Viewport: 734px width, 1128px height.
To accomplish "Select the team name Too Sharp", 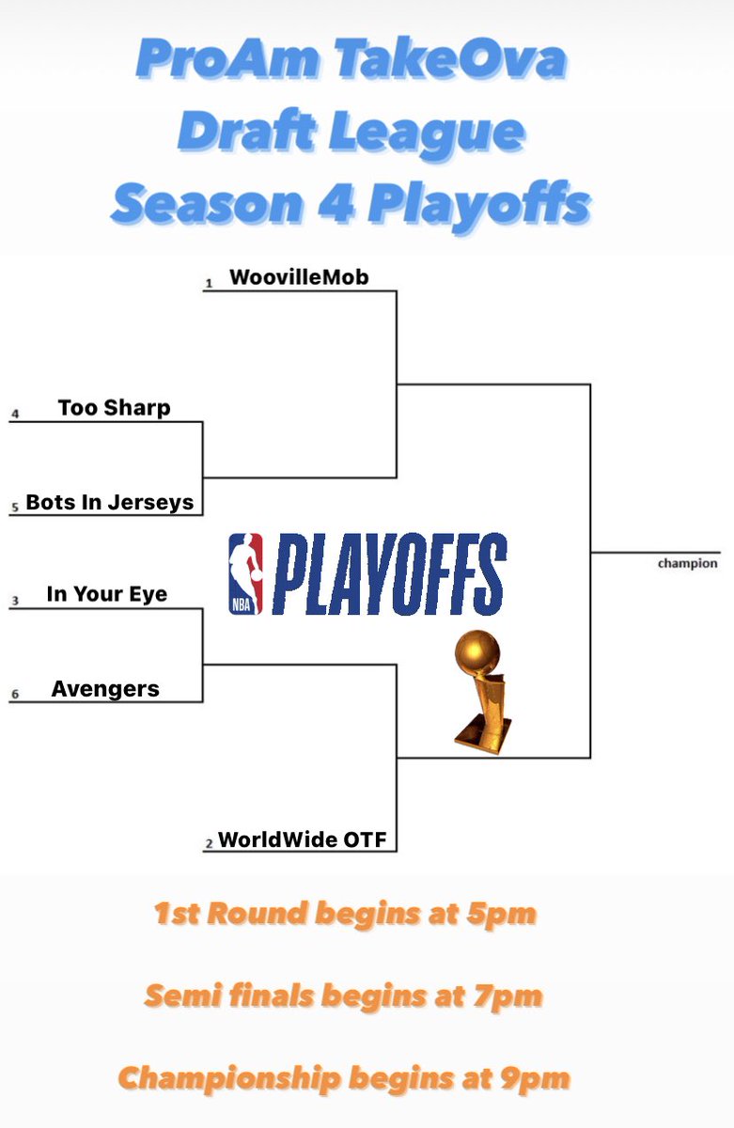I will (114, 408).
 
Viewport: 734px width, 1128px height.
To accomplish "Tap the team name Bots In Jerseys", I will (110, 502).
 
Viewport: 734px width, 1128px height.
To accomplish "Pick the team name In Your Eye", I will (107, 594).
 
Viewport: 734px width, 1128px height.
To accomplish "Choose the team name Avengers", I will (105, 689).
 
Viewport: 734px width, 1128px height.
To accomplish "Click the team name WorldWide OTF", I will (302, 839).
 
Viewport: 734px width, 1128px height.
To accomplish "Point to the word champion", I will (687, 564).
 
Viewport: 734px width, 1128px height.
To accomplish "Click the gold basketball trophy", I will (480, 689).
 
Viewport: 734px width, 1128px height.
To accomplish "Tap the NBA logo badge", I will (246, 574).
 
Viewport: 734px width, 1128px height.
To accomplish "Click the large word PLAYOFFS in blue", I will (390, 574).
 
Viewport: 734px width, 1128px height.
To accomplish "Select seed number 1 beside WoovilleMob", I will (209, 282).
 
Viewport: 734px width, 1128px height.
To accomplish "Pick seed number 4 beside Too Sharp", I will (15, 414).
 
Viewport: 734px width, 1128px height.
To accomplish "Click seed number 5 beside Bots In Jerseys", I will (15, 508).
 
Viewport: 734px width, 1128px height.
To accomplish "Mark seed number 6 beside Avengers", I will (15, 695).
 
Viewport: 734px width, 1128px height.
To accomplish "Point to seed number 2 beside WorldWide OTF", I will (209, 844).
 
